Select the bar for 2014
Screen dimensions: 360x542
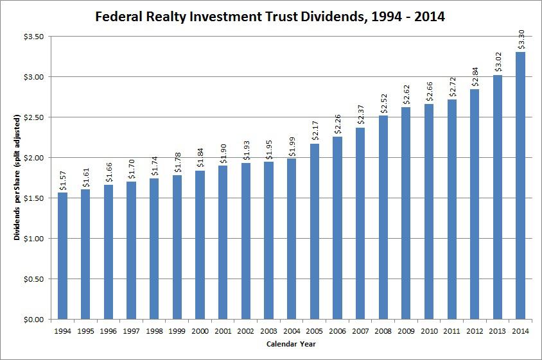[520, 185]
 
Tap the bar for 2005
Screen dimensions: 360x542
[315, 231]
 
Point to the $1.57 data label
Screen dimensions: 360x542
[62, 180]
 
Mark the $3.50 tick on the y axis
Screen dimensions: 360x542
[31, 37]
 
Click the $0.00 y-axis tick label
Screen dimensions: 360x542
[31, 320]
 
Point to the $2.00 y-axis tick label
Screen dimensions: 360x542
[31, 158]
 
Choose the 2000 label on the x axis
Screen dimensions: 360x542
[200, 331]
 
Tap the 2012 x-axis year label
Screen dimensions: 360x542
[475, 331]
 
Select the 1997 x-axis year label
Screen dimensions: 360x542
[131, 331]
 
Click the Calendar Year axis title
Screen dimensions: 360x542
[291, 345]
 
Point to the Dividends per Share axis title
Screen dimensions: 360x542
[17, 178]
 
